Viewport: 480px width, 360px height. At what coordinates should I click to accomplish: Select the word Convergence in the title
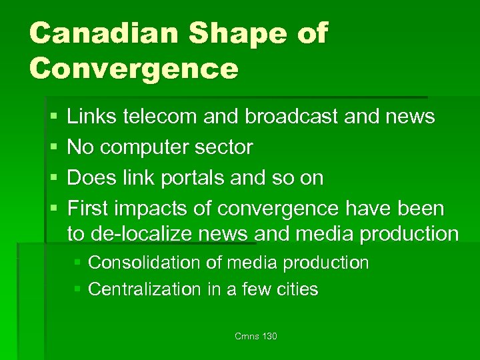[x=133, y=68]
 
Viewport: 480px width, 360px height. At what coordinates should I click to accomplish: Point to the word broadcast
[x=297, y=117]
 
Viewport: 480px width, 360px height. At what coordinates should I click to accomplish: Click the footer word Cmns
[x=246, y=337]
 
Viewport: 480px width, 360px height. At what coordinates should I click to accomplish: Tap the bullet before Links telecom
[x=53, y=117]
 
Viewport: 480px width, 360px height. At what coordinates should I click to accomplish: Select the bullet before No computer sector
[x=53, y=148]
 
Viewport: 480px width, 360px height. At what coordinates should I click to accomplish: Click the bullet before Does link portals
[x=53, y=179]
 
